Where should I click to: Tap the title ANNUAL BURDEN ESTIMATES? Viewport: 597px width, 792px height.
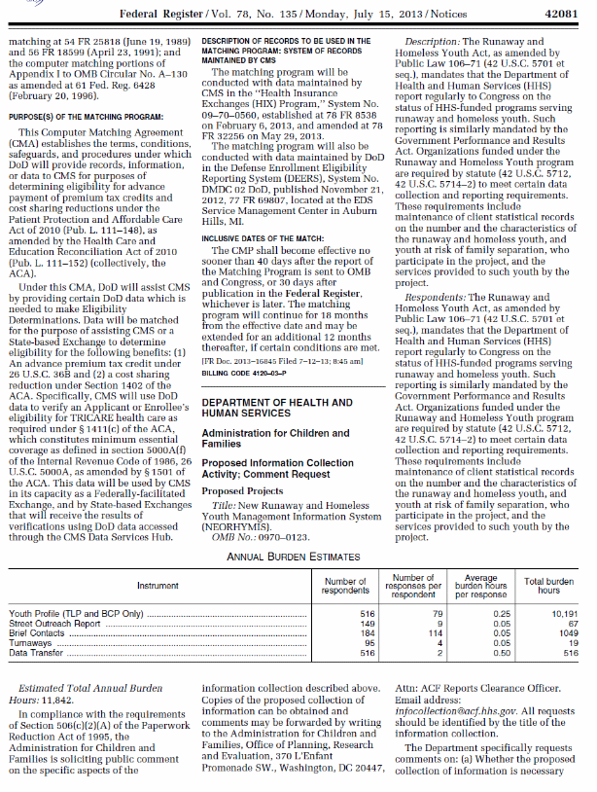[297, 557]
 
